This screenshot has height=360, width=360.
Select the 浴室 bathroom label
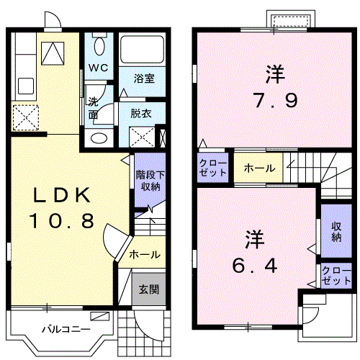click(141, 78)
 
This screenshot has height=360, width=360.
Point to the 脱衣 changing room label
click(140, 112)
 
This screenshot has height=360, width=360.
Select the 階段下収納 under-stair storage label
click(148, 180)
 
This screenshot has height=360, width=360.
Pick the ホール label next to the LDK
click(144, 254)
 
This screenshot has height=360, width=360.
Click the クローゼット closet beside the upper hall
click(213, 168)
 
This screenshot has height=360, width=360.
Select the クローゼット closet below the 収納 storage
click(332, 276)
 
